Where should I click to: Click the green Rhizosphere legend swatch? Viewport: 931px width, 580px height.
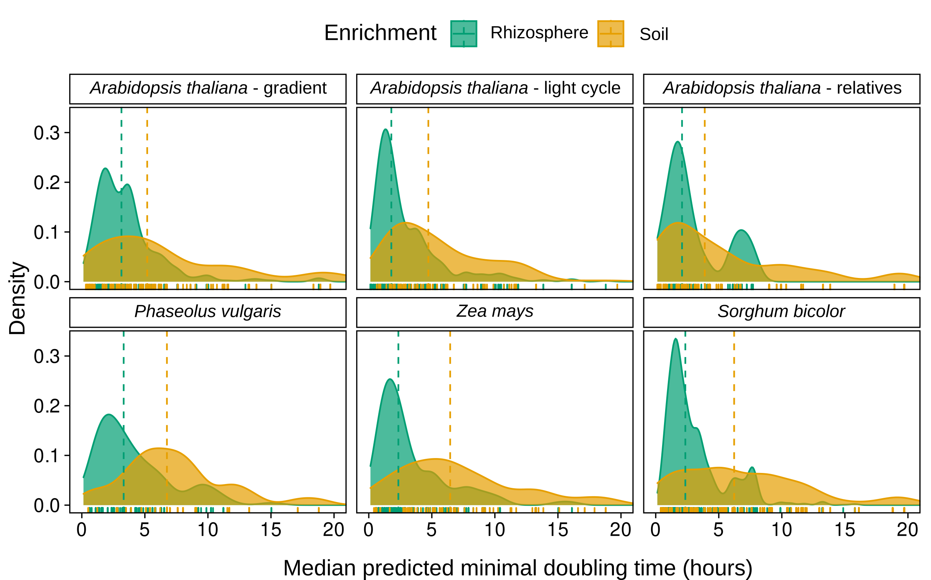point(464,34)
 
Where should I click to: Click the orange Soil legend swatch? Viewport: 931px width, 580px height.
point(610,34)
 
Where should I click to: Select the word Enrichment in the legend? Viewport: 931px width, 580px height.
point(380,33)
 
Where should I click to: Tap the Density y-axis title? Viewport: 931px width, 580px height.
point(18,299)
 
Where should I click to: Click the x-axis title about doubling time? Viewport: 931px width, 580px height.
point(517,567)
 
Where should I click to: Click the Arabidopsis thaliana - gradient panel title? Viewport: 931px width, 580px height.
point(208,88)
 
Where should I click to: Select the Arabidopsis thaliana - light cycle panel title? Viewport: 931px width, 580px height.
point(495,88)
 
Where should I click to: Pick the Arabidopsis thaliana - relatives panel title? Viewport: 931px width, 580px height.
point(782,88)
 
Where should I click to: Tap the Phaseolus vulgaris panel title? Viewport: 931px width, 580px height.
point(208,312)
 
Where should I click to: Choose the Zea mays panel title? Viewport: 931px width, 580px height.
point(495,312)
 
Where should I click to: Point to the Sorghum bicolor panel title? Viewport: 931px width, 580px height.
point(781,312)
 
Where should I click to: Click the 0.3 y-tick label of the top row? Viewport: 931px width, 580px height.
point(47,133)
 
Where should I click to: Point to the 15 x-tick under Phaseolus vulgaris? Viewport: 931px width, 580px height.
point(271,530)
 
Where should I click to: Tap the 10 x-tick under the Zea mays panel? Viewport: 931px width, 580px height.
point(495,530)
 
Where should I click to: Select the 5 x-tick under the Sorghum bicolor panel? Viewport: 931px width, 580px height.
point(718,530)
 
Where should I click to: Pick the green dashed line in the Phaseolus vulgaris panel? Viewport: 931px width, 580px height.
point(124,383)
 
